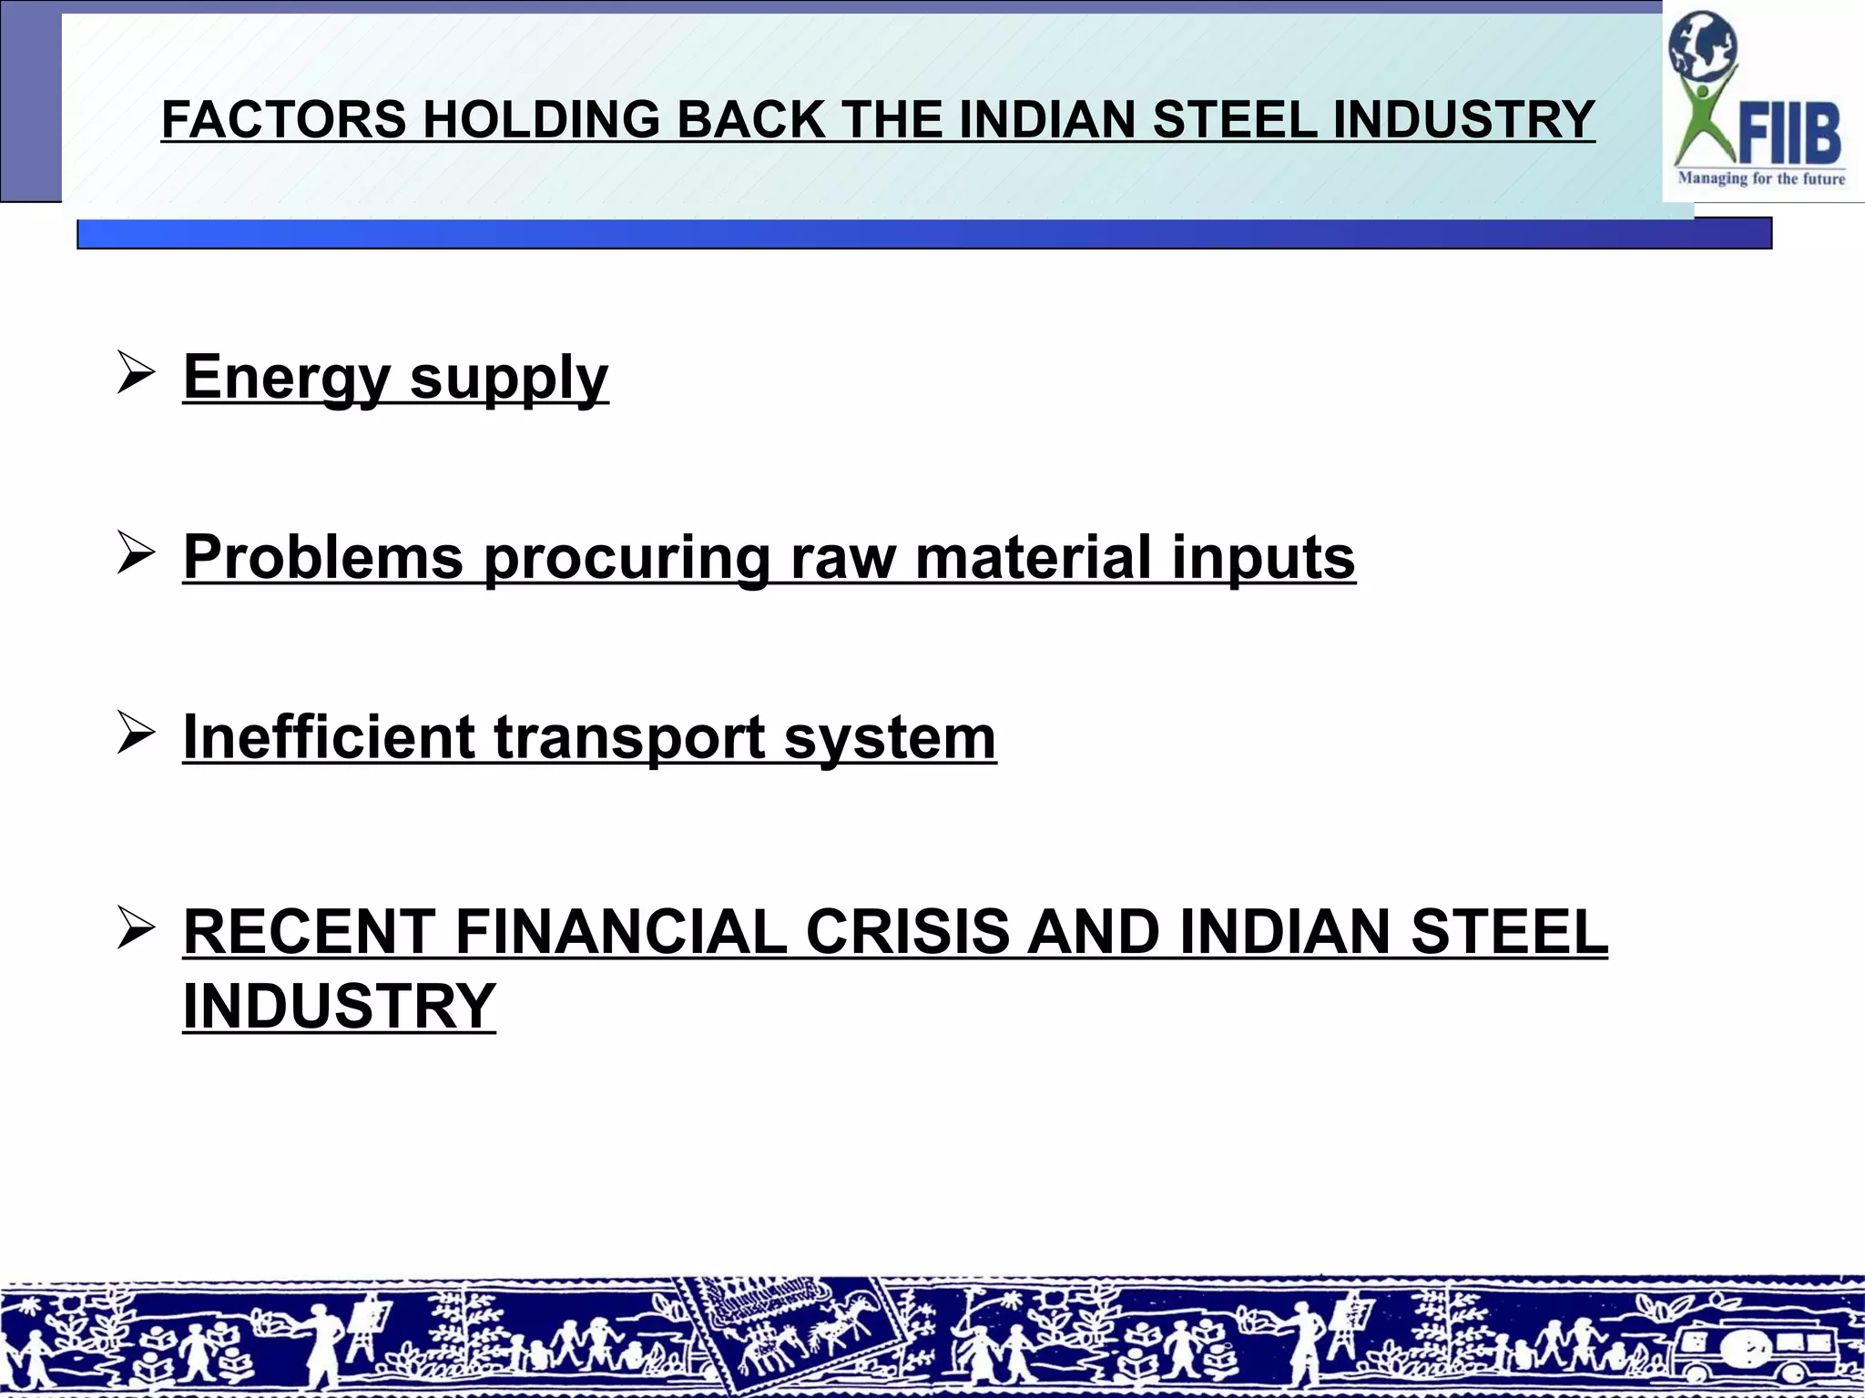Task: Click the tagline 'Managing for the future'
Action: tap(1761, 178)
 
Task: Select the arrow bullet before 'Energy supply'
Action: tap(135, 374)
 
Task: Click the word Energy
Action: tap(287, 378)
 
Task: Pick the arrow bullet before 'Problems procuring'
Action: tap(135, 553)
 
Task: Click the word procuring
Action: tap(627, 557)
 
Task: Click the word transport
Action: tap(629, 736)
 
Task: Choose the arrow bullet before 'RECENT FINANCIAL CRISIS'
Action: tap(135, 930)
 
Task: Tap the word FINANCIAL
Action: tap(620, 932)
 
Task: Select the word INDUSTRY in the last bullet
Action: tap(339, 1007)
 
